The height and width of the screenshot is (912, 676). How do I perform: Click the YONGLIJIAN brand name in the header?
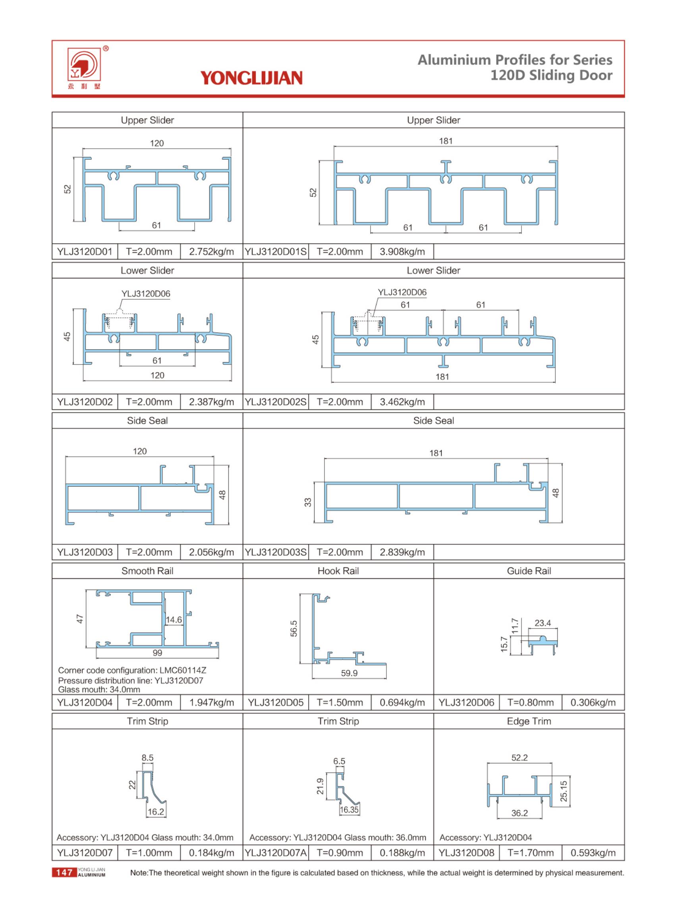pos(251,78)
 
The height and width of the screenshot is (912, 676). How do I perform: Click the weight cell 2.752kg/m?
pos(211,251)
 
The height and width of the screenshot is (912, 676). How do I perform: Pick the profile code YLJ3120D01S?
pos(275,251)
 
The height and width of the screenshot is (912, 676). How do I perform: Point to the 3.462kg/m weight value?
pos(402,402)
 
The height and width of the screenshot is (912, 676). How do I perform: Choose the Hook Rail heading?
pos(338,571)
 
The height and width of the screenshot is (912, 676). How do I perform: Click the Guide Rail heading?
pos(529,571)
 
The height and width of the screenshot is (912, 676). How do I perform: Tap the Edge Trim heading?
pos(529,721)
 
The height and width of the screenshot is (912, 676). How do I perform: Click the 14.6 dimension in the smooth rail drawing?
pos(174,620)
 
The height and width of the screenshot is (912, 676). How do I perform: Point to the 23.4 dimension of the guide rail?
pos(543,623)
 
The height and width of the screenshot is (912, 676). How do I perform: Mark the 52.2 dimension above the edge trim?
pos(519,758)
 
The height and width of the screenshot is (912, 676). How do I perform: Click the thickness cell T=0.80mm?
pos(530,702)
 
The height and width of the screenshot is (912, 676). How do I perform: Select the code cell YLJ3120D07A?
pos(275,853)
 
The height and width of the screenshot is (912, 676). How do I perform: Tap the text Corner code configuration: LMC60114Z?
pos(132,670)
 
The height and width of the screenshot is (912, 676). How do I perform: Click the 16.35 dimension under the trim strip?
pos(349,809)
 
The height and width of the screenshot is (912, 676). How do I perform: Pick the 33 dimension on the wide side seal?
pos(308,502)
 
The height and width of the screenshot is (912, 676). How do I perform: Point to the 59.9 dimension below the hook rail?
pos(349,673)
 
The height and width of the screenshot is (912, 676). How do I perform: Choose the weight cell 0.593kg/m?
pos(593,853)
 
